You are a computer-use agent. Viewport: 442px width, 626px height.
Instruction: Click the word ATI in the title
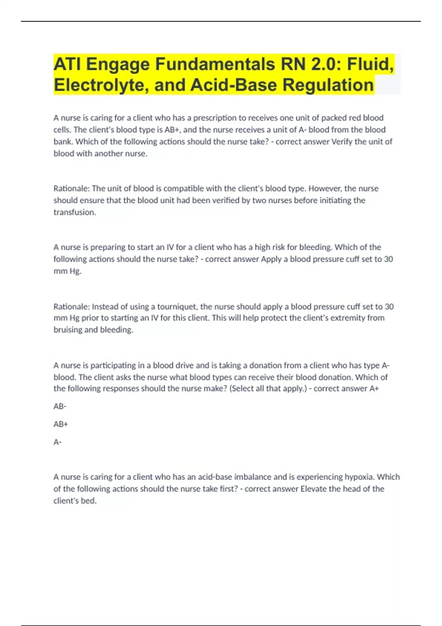(x=67, y=64)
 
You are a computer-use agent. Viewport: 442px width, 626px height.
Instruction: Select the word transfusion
(x=74, y=212)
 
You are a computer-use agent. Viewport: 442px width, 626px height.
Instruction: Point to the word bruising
(x=68, y=330)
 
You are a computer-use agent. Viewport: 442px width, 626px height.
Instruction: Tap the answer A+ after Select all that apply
(x=374, y=389)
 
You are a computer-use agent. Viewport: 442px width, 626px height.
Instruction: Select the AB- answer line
(x=60, y=407)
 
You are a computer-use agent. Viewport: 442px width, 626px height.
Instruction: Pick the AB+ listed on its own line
(x=61, y=424)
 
